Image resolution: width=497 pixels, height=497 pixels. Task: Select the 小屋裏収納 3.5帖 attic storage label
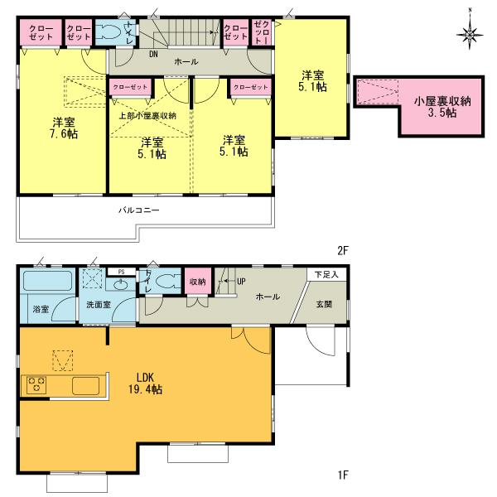[x=442, y=107]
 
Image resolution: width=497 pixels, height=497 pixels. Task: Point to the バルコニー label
[x=138, y=210]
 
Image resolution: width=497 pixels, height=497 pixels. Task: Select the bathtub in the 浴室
[x=47, y=282]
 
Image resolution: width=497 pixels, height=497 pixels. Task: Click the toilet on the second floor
[x=109, y=32]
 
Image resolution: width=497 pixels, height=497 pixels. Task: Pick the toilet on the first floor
[x=168, y=282]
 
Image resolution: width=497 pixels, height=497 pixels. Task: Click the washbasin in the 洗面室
[x=121, y=285]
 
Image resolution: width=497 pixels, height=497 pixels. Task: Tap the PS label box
[x=121, y=271]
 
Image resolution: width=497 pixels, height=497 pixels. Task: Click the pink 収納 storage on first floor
[x=196, y=282]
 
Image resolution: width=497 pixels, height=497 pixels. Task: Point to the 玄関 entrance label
[x=324, y=305]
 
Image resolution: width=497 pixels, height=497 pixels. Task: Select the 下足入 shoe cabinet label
[x=326, y=273]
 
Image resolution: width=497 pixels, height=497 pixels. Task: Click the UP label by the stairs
[x=241, y=282]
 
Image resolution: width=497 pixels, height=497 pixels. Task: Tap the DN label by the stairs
[x=153, y=54]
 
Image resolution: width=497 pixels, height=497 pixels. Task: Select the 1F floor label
[x=342, y=475]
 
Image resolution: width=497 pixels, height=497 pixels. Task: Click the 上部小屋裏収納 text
[x=148, y=115]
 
